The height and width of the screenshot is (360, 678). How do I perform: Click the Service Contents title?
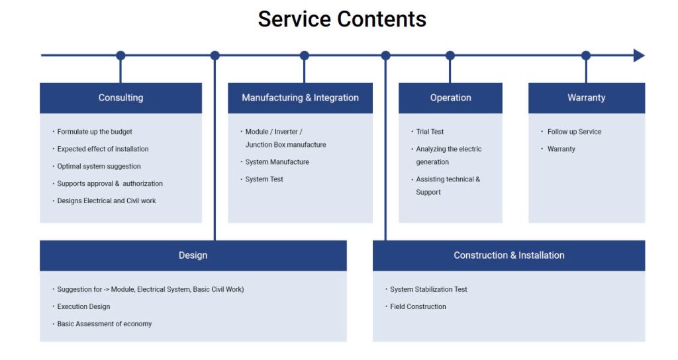[342, 19]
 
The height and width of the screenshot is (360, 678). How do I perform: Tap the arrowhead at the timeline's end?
[639, 56]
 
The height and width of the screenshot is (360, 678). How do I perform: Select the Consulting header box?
[121, 98]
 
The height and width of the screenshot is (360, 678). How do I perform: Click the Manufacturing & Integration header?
[300, 98]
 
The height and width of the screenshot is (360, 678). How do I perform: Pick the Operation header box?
[450, 98]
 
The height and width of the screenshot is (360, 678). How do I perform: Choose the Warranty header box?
[587, 98]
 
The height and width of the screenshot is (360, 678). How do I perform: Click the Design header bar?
[193, 255]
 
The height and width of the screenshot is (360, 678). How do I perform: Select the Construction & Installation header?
[509, 255]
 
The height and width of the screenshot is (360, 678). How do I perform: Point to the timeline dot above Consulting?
[121, 56]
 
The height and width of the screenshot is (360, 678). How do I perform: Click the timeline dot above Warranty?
[586, 56]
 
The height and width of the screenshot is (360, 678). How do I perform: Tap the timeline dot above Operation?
[450, 56]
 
